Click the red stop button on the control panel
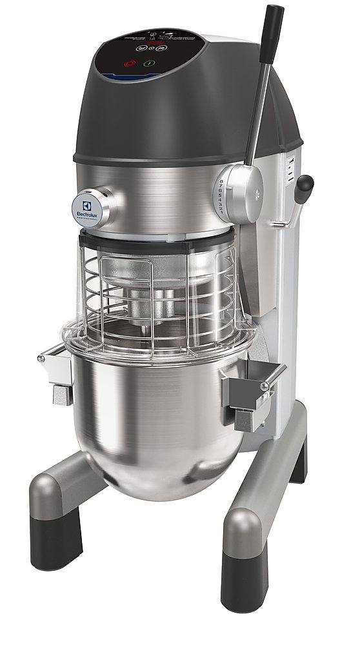pyautogui.click(x=130, y=64)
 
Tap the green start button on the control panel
pyautogui.click(x=149, y=64)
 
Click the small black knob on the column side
pyautogui.click(x=304, y=185)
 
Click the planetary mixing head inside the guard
pyautogui.click(x=152, y=297)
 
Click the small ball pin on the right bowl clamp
pyautogui.click(x=264, y=386)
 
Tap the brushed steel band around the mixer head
pyautogui.click(x=161, y=193)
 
